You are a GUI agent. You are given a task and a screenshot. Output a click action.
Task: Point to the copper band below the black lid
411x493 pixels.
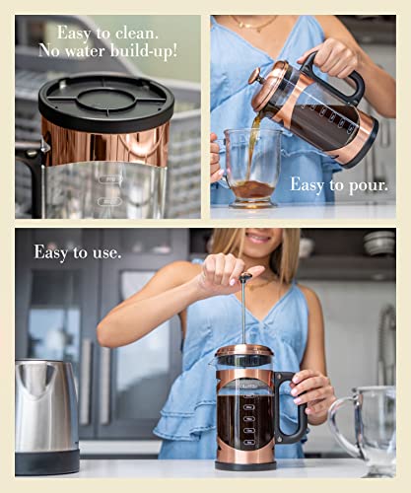105,143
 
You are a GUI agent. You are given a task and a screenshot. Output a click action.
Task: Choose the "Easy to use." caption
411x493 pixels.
78,252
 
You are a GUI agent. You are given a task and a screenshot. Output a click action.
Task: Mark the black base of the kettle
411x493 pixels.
46,460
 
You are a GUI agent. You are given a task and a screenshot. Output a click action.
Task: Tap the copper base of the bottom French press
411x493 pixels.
243,459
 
